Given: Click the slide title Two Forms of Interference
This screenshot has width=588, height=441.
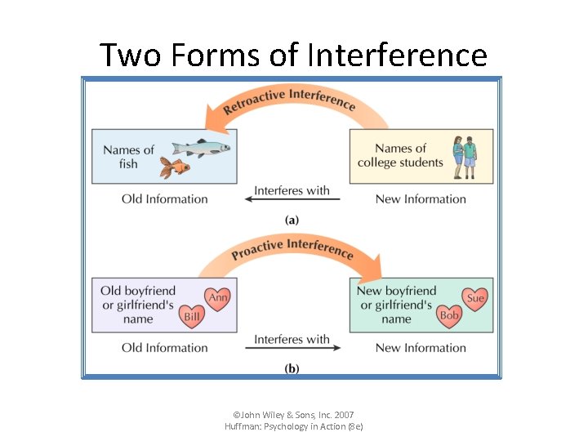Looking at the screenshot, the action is (x=293, y=56).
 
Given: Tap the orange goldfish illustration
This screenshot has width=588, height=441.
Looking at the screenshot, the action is (x=174, y=167).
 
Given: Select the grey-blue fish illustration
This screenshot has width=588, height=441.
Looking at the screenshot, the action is (x=202, y=148).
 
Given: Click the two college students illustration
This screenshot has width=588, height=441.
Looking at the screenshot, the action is (x=464, y=156).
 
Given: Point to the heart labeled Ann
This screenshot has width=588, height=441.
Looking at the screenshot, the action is (x=218, y=298).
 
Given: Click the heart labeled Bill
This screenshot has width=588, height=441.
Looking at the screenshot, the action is (x=192, y=316).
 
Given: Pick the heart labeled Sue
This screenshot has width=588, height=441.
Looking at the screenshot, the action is (x=474, y=299).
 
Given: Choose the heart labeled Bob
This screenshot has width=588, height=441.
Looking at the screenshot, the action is (x=450, y=315).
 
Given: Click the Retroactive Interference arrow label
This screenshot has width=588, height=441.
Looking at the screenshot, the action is (x=290, y=100).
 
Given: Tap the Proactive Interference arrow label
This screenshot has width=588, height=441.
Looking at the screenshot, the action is (x=292, y=248).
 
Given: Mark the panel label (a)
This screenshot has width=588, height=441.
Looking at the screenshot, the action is (x=292, y=220).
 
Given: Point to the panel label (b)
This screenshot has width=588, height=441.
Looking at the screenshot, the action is (x=292, y=368).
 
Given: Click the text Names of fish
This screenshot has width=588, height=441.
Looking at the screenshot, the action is (x=128, y=157).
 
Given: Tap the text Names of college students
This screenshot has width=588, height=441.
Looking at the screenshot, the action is (x=400, y=155).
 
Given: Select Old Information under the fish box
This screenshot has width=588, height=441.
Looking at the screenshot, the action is (x=165, y=198).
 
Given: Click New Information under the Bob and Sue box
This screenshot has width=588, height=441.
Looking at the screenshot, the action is (x=421, y=348).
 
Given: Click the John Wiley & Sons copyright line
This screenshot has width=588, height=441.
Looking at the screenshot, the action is (x=293, y=415).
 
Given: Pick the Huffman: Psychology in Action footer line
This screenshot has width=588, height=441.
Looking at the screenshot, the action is (x=293, y=426).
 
